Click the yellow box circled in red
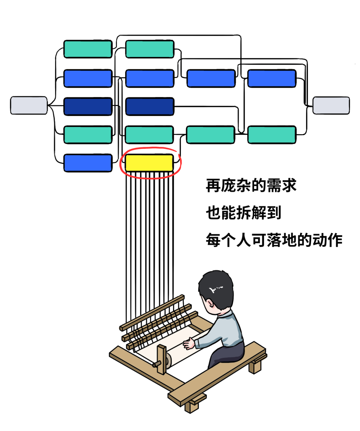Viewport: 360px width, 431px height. pos(149,163)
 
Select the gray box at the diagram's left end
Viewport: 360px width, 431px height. pos(29,106)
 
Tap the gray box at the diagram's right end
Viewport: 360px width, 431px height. pos(331,106)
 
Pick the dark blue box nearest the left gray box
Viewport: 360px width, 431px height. pos(88,107)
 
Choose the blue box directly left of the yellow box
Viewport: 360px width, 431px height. pos(88,163)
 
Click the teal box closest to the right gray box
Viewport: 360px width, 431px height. pos(272,135)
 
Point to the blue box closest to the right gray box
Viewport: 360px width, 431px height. pos(272,79)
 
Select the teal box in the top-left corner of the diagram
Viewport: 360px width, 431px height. pos(88,49)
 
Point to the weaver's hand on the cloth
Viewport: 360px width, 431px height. pos(189,343)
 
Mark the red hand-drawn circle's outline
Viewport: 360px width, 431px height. pos(120,163)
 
